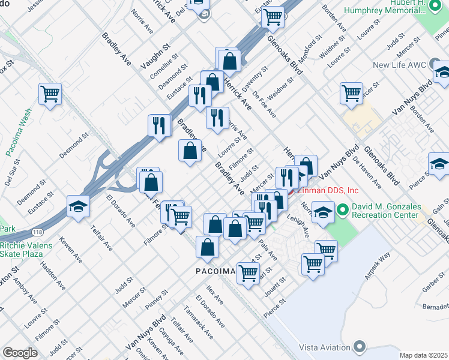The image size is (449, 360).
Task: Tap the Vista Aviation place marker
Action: pos(360,346)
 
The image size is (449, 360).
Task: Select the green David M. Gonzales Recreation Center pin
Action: pos(343,210)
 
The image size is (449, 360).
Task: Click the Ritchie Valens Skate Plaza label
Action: pos(26,250)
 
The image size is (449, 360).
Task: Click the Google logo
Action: pos(19,352)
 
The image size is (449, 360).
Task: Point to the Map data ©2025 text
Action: pos(423,355)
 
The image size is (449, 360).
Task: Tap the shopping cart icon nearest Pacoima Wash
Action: pos(50,94)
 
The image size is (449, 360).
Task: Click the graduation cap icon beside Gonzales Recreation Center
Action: pos(323,213)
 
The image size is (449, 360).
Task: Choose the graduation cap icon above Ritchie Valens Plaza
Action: pos(78,207)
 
